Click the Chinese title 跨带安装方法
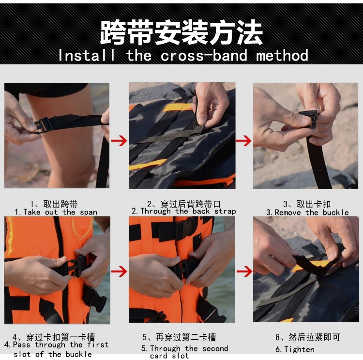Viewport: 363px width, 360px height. click(181, 32)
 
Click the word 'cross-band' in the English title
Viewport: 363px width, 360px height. click(204, 56)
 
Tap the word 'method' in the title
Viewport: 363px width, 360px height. click(282, 56)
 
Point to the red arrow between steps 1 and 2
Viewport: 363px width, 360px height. click(119, 141)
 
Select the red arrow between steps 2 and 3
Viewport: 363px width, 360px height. click(243, 141)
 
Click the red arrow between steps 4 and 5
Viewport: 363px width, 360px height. click(119, 271)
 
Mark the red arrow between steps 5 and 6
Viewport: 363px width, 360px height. click(244, 271)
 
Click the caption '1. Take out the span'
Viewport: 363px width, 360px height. click(56, 212)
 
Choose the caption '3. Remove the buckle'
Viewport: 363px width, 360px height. click(307, 212)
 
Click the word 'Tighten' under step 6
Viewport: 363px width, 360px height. click(299, 349)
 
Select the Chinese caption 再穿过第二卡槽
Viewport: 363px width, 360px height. click(186, 337)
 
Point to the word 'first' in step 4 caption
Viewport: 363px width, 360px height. click(98, 345)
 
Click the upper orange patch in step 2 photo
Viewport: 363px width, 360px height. click(178, 107)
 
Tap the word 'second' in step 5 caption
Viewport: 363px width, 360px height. click(215, 348)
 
